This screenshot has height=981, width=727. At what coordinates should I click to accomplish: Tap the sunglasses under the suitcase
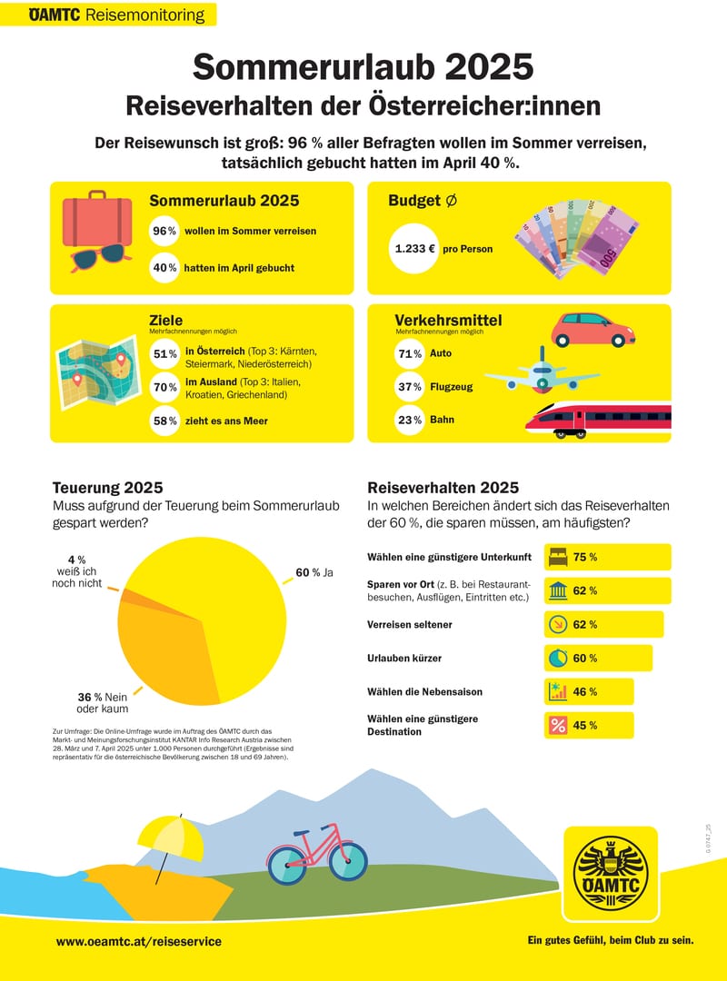(96, 258)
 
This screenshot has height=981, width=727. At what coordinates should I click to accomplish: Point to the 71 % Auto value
(411, 353)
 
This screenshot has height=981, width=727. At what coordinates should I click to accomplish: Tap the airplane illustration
(541, 372)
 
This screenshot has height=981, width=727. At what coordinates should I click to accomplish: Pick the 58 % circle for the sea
(165, 421)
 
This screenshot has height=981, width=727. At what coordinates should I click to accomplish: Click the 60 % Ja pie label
(314, 572)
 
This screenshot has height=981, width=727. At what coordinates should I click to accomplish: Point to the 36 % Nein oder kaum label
(103, 702)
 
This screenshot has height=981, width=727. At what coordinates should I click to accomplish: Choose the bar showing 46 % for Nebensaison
(589, 691)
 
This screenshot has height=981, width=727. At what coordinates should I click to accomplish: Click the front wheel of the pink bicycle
(348, 859)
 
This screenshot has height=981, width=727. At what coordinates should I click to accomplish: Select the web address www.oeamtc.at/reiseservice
(138, 942)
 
